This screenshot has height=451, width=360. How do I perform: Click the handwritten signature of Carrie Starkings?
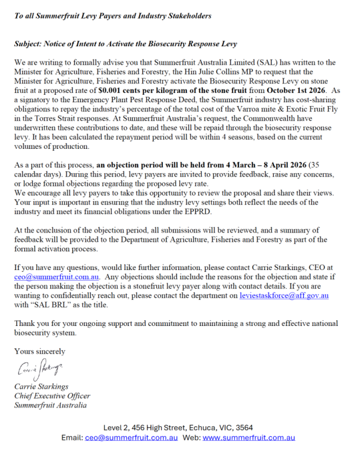[x=39, y=370]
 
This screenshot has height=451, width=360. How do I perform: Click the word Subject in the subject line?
[x=29, y=43]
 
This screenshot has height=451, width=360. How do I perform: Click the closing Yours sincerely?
[x=40, y=351]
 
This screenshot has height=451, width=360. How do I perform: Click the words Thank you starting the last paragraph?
[x=31, y=323]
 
